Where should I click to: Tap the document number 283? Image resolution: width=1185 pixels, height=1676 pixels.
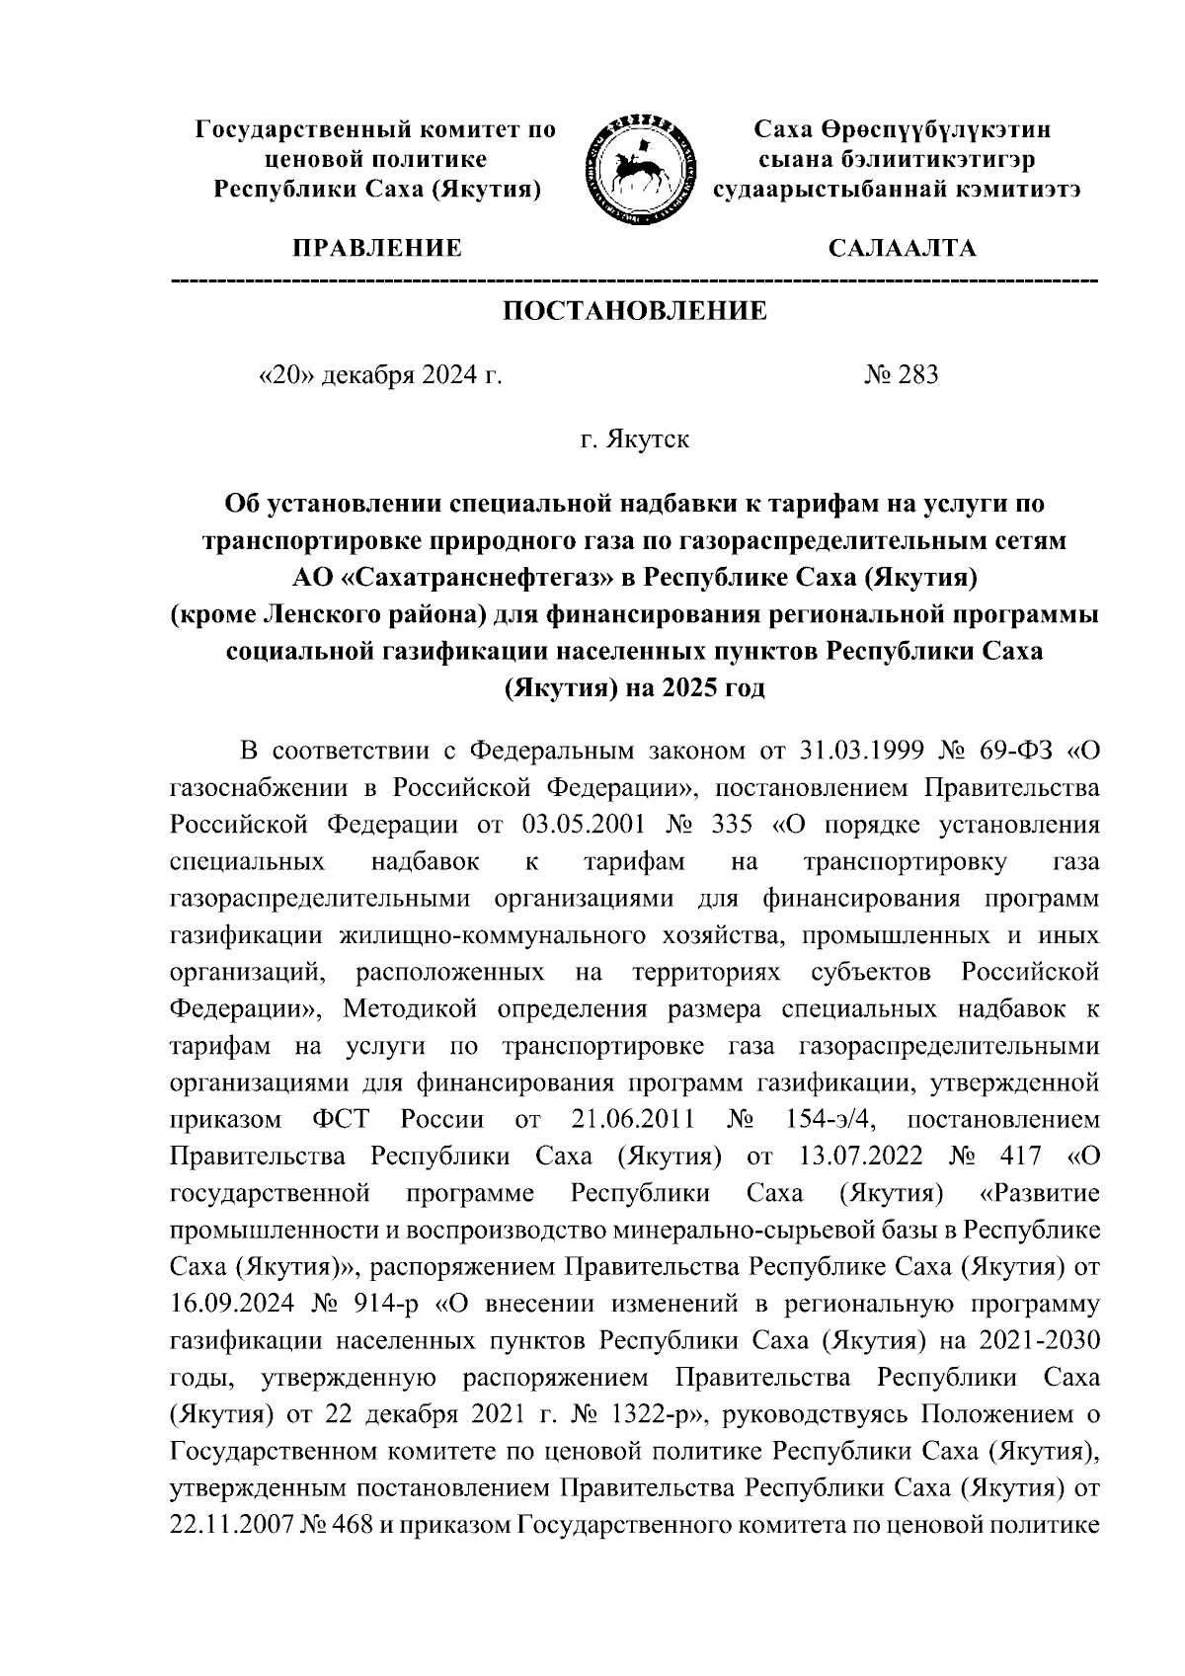[x=914, y=375]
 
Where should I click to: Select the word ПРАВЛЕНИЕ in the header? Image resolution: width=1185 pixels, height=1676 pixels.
[x=374, y=248]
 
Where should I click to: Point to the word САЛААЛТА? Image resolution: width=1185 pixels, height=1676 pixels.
[x=902, y=248]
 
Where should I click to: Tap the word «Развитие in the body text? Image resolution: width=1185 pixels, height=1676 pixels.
[x=1039, y=1194]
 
